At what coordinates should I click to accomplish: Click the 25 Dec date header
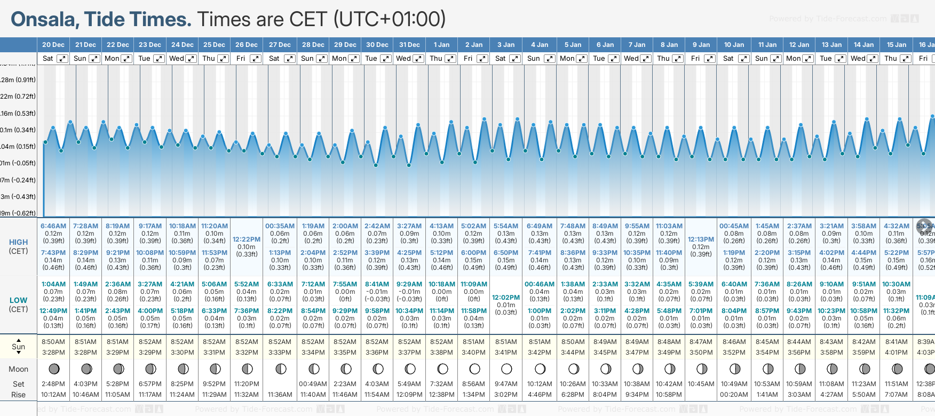214,45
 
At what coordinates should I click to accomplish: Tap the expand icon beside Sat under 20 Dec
62,59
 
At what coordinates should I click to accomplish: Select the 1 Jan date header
441,45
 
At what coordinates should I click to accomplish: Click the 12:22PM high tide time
246,239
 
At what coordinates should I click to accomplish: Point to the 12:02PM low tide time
505,298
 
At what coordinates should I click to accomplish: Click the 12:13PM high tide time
701,239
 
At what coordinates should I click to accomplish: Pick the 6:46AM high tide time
53,226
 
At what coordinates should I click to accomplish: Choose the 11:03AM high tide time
669,226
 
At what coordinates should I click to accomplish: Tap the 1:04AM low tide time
53,284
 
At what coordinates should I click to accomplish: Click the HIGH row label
18,242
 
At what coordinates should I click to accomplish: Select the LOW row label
18,300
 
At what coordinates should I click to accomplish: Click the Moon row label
18,369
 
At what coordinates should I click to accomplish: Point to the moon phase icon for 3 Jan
506,369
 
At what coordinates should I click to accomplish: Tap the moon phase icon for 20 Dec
54,369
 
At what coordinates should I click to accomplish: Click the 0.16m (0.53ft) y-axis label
18,114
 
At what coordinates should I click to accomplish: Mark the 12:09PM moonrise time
409,395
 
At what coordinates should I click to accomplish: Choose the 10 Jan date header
735,45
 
